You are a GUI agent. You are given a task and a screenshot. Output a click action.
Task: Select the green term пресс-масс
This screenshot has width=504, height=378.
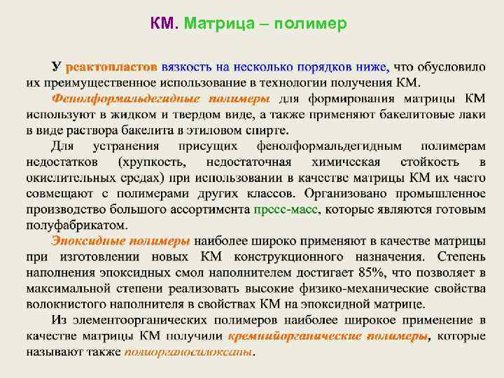(x=287, y=209)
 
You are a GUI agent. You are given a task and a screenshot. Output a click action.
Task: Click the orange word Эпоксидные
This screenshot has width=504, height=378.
(x=91, y=240)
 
